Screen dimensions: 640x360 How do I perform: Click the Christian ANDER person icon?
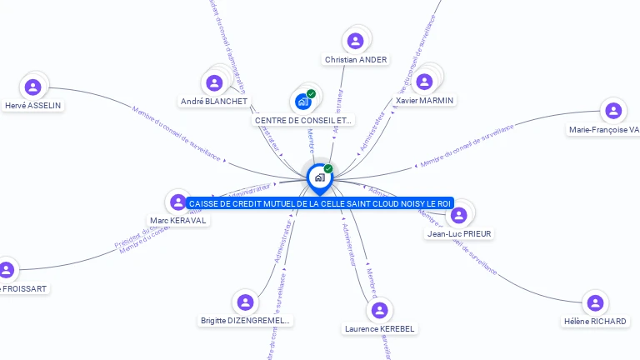(x=356, y=41)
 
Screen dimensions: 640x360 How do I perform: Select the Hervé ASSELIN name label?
(x=33, y=106)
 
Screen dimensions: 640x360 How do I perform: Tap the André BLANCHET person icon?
(x=214, y=82)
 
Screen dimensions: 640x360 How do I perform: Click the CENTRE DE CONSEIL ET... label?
(x=303, y=120)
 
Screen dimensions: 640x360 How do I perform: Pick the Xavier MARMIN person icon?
(x=424, y=82)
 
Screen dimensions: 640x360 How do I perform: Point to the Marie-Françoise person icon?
(x=613, y=111)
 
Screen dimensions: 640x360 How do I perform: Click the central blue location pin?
(x=318, y=177)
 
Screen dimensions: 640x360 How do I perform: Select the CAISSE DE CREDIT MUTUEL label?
(x=320, y=203)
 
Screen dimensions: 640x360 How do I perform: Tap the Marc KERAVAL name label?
(x=178, y=221)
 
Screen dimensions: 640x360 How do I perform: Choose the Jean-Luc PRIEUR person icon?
(x=458, y=216)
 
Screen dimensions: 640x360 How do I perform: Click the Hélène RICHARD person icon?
(x=594, y=302)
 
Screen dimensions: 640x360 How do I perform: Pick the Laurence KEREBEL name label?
(x=379, y=328)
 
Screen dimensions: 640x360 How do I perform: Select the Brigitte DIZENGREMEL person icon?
(x=245, y=302)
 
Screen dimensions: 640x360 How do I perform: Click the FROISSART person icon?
(x=7, y=270)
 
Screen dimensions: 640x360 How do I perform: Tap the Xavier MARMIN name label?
(x=426, y=101)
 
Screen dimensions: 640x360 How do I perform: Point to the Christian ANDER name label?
(x=356, y=60)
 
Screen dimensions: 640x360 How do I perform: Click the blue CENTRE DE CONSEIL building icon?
(x=303, y=102)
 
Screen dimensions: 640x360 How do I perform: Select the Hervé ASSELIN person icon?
(x=33, y=87)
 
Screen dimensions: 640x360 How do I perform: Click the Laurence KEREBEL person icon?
(x=379, y=310)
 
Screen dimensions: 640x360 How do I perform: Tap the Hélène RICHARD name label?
(x=595, y=322)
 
